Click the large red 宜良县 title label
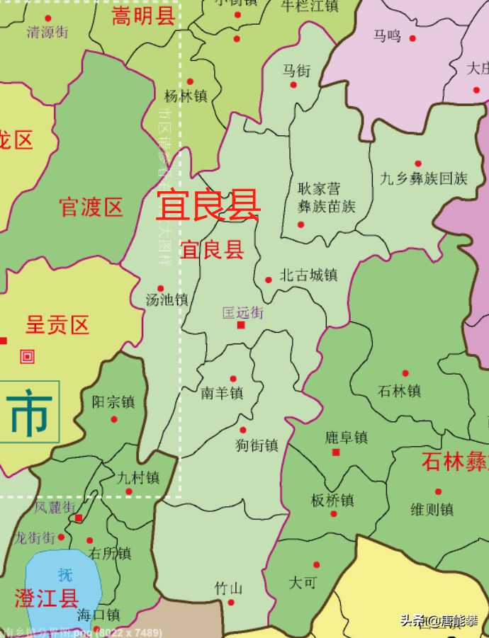point(208,205)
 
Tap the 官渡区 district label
point(91,207)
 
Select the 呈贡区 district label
point(57,325)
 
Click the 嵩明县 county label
point(143,16)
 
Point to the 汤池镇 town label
point(167,300)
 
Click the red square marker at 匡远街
point(241,325)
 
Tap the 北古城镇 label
point(308,275)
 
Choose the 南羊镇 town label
point(222,392)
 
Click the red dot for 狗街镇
point(243,430)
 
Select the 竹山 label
point(229,588)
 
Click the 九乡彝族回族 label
point(424,178)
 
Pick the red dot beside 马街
point(293,85)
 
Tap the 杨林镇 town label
point(186,96)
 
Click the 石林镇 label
point(400,390)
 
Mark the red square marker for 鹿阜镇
point(336,452)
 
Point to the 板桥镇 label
point(332,500)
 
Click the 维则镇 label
point(432,508)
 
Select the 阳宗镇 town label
point(113,402)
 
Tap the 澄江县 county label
point(47,598)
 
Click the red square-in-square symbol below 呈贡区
point(28,357)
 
